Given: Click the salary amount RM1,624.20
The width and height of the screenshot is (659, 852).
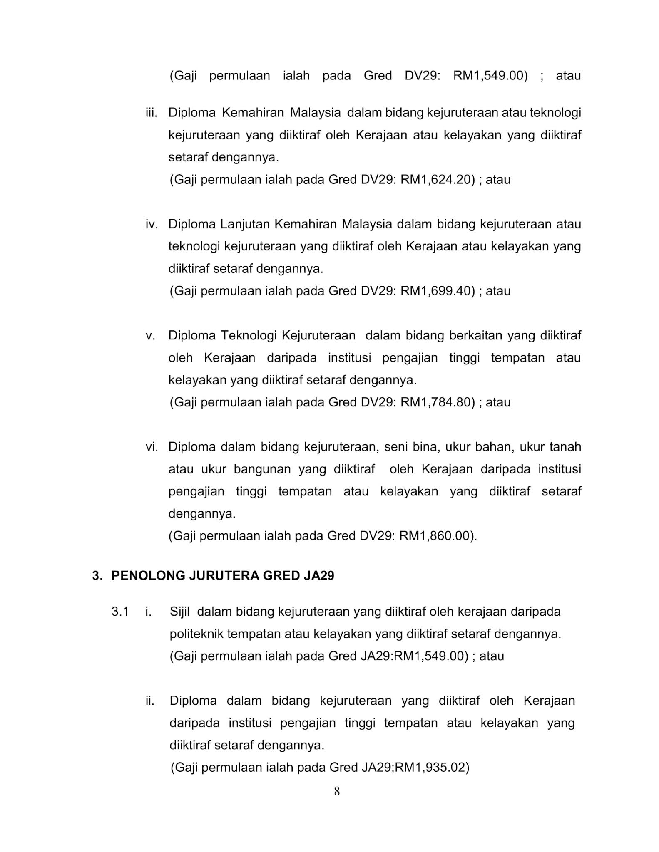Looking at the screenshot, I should pos(437,180).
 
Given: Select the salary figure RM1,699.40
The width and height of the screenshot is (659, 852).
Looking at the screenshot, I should pos(437,291).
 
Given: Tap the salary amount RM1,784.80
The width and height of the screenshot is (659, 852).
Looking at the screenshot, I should pos(437,402).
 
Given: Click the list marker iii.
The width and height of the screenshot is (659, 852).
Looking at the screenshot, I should pos(151,113).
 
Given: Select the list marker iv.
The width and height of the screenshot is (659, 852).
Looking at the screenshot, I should pos(152,224).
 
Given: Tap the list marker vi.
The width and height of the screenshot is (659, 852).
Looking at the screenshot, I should pos(152,447).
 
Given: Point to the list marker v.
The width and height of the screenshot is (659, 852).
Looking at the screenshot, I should pos(150,336).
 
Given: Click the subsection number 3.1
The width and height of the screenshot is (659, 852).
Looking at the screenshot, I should pos(120,612).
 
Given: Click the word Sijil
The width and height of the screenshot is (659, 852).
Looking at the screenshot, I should pos(180,612).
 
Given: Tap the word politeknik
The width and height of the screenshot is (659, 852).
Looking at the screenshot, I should pos(196,634).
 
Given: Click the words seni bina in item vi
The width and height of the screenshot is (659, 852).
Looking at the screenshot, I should pos(412,447).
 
